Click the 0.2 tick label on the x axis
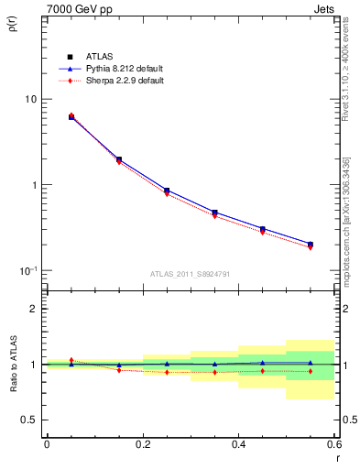(142, 445)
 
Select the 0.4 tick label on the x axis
(238, 445)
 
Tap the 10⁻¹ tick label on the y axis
(28, 270)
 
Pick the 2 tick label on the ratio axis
(35, 309)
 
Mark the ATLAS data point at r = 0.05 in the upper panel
(71, 117)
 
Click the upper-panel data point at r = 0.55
(311, 245)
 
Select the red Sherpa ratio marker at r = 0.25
(167, 372)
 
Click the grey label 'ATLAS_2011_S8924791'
(189, 274)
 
